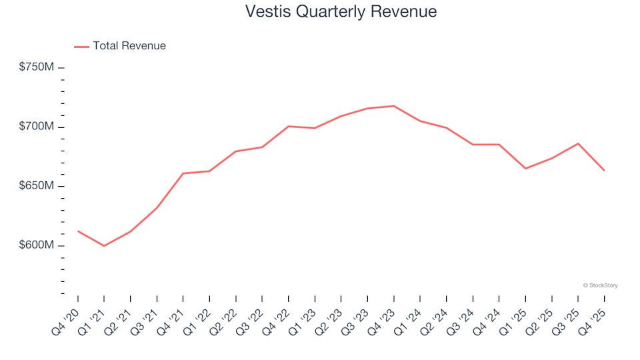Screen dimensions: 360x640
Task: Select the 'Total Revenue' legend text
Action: [129, 46]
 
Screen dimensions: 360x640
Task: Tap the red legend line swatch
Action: [81, 47]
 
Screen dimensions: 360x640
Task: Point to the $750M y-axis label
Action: [37, 67]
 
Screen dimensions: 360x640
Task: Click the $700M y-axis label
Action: [37, 127]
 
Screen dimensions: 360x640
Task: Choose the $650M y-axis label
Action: [37, 186]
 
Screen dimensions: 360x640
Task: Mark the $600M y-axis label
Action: [37, 245]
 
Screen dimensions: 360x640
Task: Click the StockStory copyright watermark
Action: [600, 285]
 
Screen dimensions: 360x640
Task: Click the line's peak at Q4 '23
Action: [394, 106]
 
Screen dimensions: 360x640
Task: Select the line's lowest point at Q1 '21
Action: [104, 246]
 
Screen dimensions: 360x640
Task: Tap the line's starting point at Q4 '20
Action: [78, 231]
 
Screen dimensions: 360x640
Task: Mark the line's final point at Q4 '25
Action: [605, 171]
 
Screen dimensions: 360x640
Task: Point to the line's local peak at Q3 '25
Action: [578, 143]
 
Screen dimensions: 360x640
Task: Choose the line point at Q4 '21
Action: [183, 173]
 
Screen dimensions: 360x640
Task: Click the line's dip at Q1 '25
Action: [525, 169]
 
